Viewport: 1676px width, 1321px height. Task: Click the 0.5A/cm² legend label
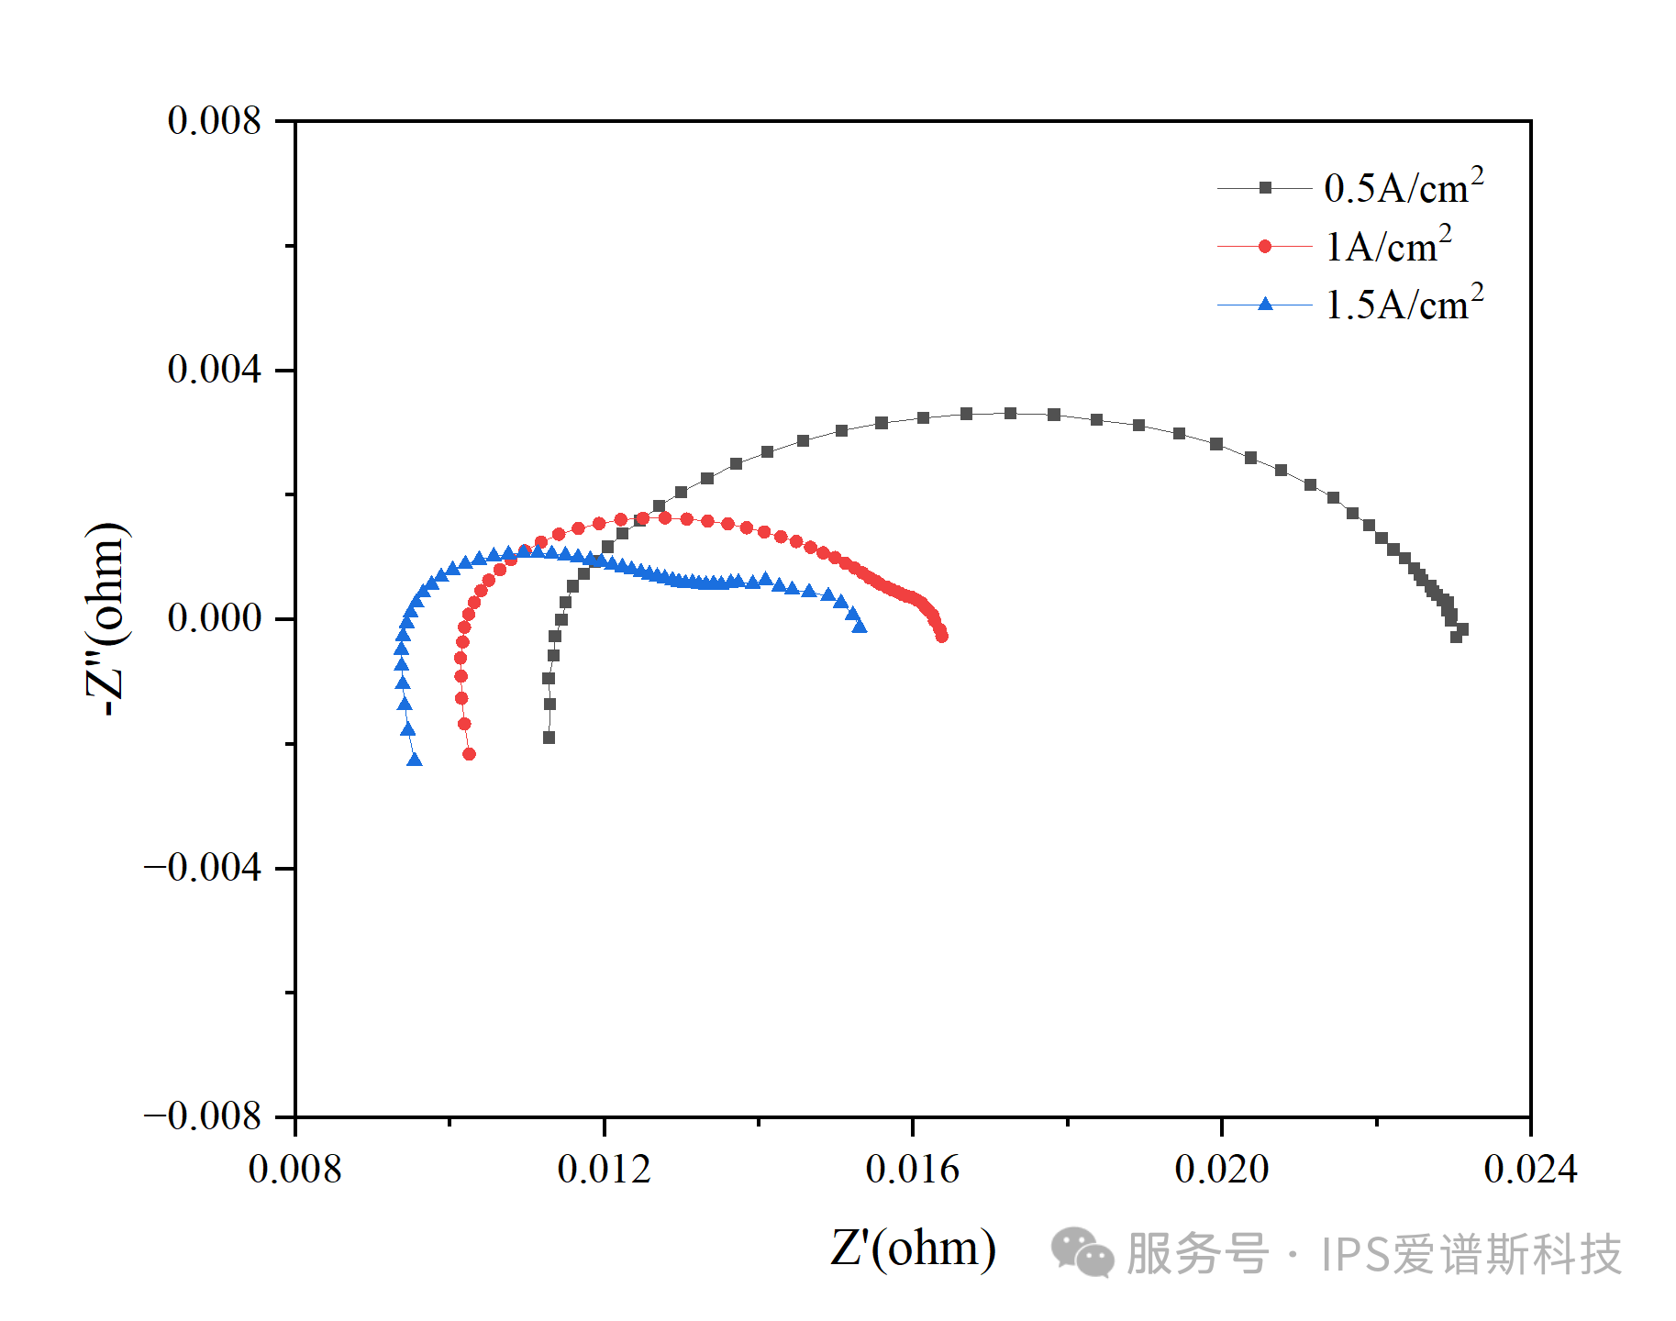1403,187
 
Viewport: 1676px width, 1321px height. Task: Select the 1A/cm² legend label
1388,246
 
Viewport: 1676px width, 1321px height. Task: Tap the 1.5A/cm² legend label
1404,305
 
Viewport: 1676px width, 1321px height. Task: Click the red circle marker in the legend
1265,246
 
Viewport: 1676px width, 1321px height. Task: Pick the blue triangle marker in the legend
1265,304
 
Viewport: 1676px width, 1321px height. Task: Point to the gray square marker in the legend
1265,188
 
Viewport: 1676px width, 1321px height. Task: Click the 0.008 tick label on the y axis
215,121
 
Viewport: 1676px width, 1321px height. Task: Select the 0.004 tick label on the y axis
215,370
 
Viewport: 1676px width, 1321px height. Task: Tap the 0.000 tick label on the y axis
215,618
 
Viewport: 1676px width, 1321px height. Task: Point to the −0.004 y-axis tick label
203,868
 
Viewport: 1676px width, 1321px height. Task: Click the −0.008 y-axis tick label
203,1116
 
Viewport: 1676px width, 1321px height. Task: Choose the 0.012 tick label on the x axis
604,1170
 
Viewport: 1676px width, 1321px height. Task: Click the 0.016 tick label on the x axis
913,1170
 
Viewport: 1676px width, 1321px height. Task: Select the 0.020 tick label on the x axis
1222,1170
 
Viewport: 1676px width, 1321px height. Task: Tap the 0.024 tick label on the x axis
1530,1170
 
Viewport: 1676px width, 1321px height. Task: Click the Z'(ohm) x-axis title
913,1249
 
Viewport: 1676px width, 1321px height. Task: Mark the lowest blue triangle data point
415,760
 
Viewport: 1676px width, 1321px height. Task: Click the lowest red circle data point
470,754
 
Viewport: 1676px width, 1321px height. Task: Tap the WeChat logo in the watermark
1082,1252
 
